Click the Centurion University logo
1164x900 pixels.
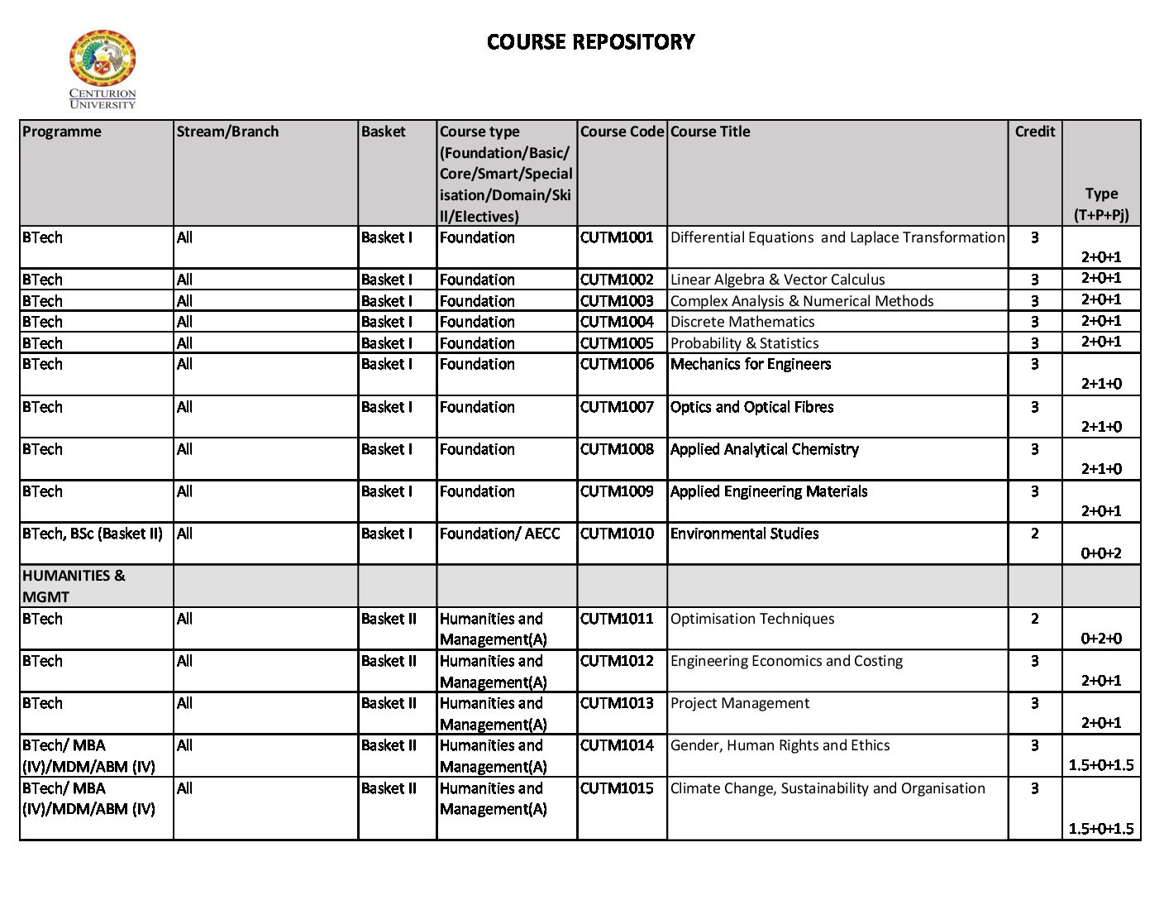(103, 69)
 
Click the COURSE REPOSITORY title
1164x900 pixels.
(590, 41)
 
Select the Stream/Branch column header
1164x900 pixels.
(227, 132)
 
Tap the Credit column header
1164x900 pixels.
(1034, 132)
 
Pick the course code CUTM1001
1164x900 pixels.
(617, 237)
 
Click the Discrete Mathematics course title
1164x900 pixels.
(742, 322)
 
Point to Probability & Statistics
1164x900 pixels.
(744, 343)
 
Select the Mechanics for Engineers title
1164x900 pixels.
(751, 364)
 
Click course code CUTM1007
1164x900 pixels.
(617, 407)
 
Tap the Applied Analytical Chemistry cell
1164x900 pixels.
(765, 449)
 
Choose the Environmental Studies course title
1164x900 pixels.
(744, 534)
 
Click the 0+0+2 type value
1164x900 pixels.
(1101, 553)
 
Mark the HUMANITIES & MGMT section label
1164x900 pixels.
(74, 586)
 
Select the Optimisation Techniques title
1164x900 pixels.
(752, 619)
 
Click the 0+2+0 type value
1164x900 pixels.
(1101, 639)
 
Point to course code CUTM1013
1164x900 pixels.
(617, 703)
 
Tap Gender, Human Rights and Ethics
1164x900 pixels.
(780, 745)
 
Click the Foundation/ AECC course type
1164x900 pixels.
(499, 534)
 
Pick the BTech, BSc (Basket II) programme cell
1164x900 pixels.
(93, 534)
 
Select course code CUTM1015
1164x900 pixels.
(617, 788)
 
